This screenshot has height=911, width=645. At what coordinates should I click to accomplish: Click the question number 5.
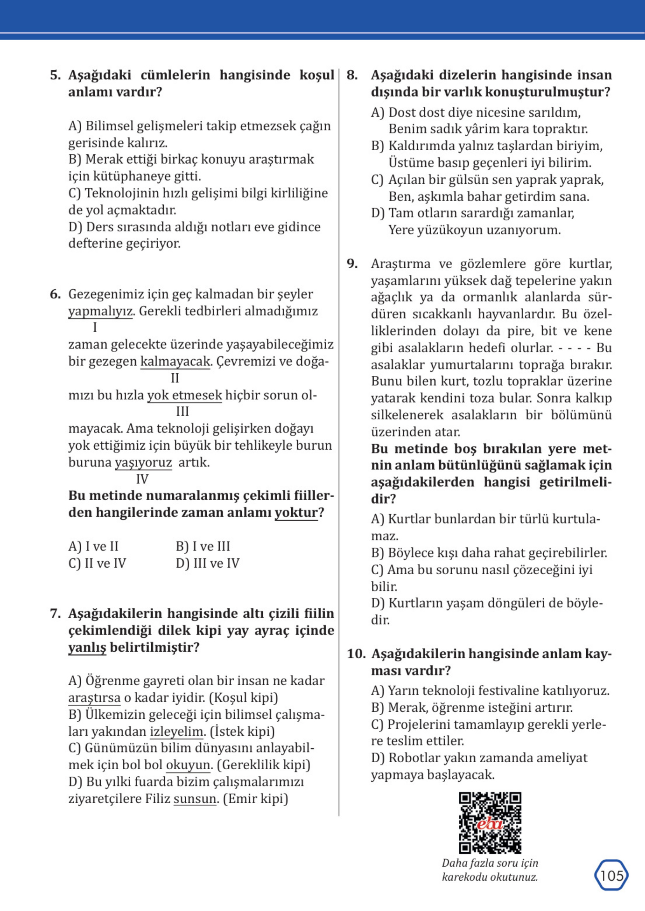click(55, 75)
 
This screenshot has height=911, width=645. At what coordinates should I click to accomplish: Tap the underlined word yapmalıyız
click(100, 311)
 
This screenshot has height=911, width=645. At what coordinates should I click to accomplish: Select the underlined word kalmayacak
click(175, 361)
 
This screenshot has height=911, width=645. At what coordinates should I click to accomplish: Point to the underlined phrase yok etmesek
click(185, 395)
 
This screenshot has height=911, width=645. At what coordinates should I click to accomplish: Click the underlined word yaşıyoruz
click(143, 462)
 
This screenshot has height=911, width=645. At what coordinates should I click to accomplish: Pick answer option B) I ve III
click(203, 546)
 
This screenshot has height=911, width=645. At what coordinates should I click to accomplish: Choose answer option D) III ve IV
click(207, 563)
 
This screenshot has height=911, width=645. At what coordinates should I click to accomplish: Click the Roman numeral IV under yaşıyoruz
click(142, 479)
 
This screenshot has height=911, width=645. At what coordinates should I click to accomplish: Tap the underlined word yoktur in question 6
click(296, 512)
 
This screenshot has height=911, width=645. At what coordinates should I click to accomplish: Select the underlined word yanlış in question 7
click(87, 647)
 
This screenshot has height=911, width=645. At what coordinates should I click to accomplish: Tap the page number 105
click(611, 876)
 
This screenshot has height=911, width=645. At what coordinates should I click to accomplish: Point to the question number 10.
click(356, 654)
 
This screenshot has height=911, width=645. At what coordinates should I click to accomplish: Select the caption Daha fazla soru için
click(490, 863)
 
